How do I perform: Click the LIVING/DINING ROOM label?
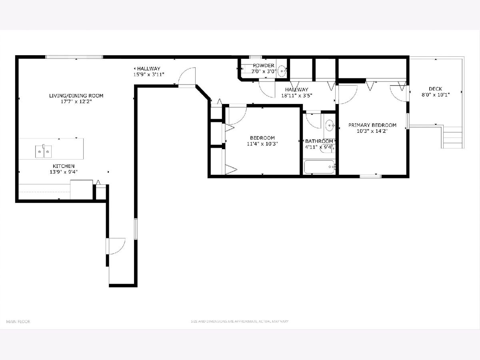point(76,96)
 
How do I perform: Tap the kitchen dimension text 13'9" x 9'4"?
point(64,172)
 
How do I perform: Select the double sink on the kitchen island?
point(44,151)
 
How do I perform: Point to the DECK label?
point(435,89)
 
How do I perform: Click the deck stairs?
point(453,137)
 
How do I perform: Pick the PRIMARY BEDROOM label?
point(372,125)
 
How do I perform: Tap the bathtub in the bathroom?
point(320,167)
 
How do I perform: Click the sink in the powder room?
point(282,71)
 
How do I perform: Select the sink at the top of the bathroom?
point(330,126)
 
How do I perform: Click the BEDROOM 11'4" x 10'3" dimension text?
point(262,144)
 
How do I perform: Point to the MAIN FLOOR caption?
point(18,322)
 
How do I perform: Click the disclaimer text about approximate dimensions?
point(240,321)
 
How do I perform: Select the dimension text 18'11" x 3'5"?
point(296,96)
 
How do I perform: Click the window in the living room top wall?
point(74,57)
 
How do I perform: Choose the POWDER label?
point(264,65)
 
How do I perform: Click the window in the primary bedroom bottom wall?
point(370,176)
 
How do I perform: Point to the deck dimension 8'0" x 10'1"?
point(436,95)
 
